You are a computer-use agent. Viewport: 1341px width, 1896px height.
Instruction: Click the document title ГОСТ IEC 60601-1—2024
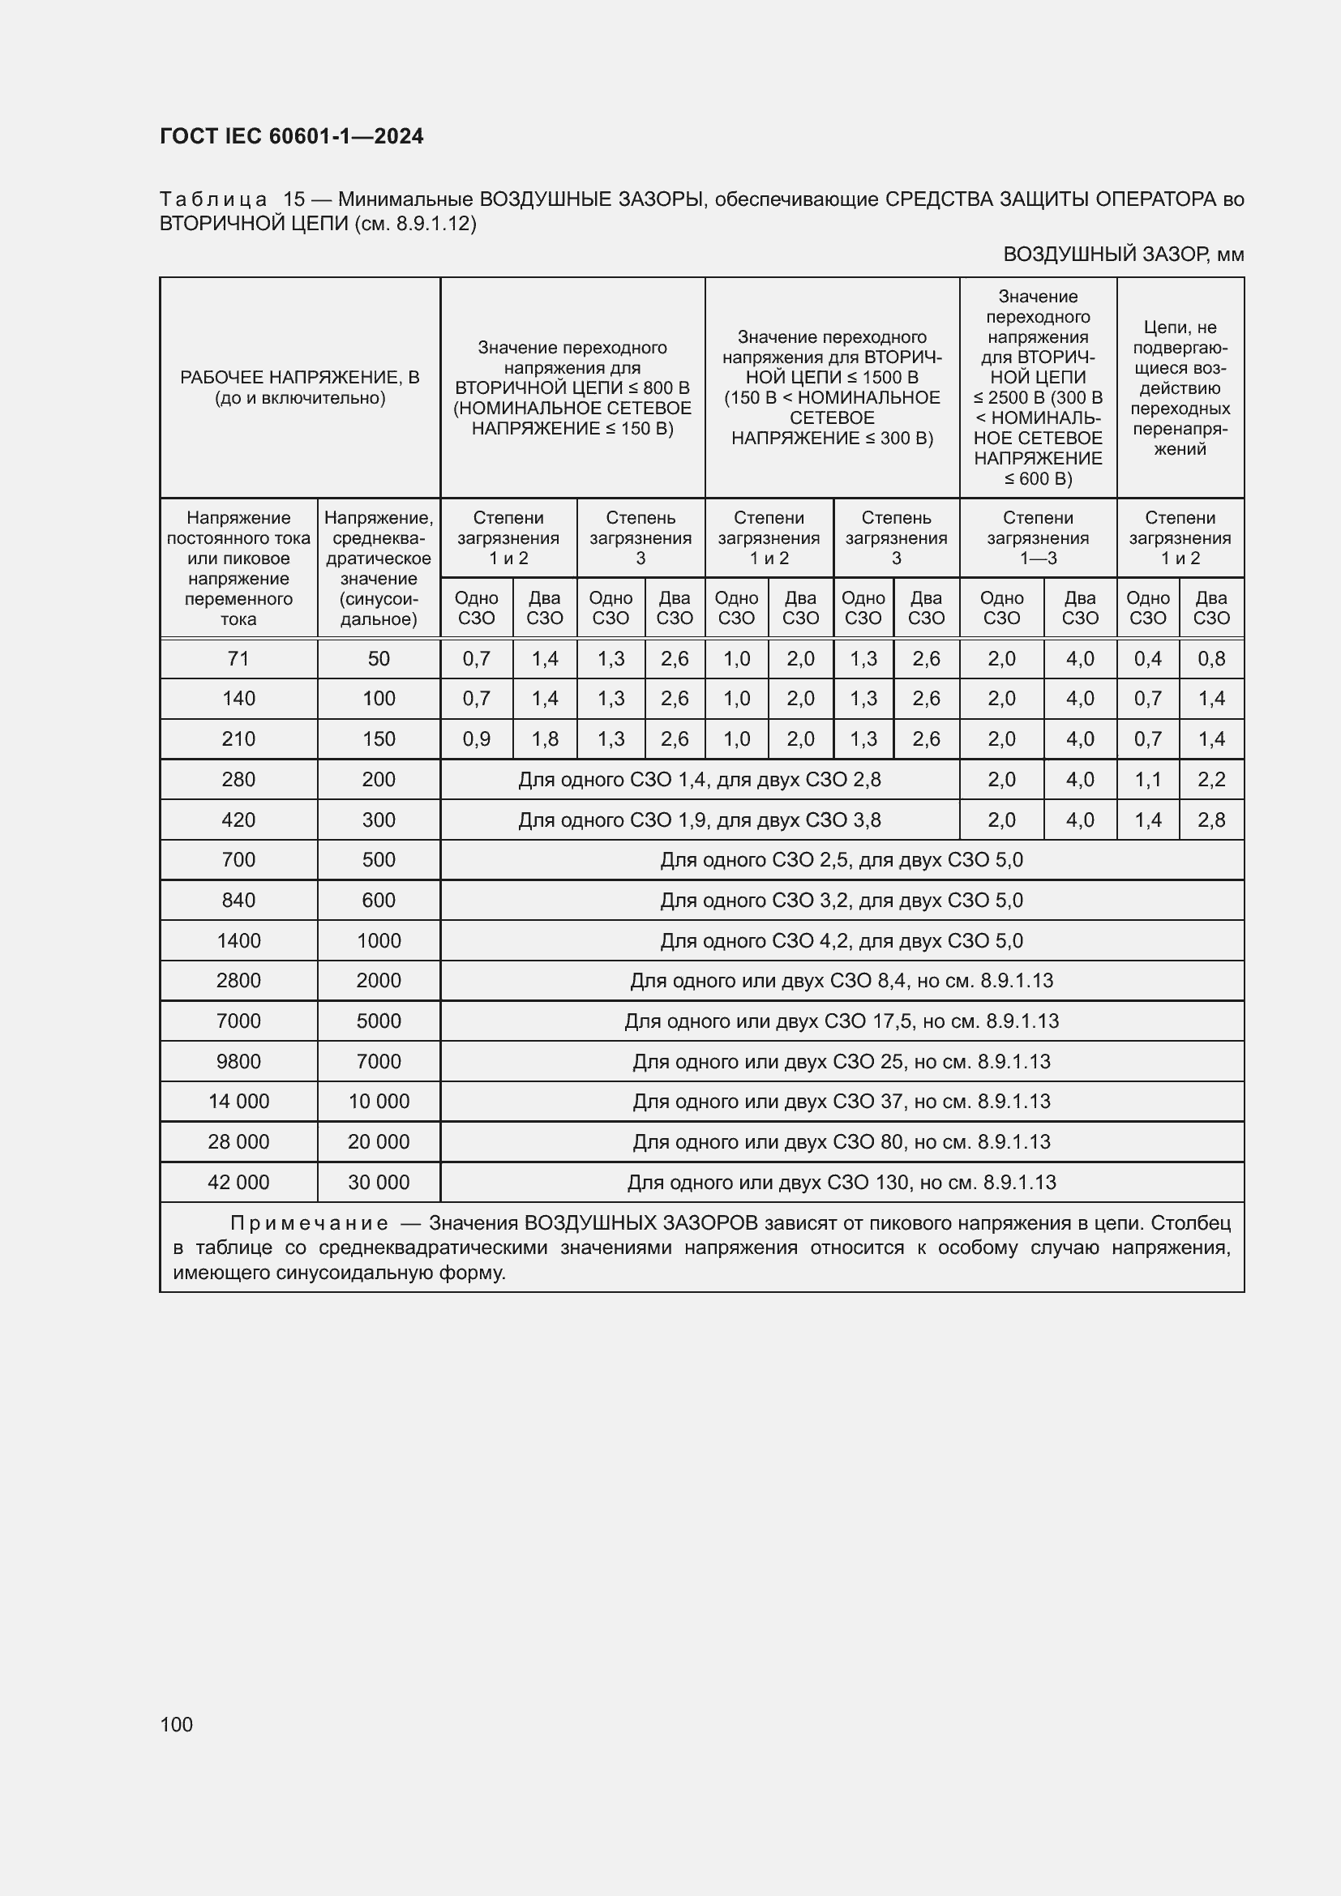tap(292, 136)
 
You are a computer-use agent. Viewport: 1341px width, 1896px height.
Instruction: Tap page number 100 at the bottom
tap(176, 1724)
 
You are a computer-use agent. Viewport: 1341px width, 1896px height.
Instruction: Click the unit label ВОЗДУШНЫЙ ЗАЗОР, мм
tap(1123, 255)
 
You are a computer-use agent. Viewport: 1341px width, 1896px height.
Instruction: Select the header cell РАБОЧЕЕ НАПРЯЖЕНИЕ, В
tap(300, 387)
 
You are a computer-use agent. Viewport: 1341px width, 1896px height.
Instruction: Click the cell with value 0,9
tap(477, 739)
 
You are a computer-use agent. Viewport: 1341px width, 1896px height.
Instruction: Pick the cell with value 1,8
tap(545, 739)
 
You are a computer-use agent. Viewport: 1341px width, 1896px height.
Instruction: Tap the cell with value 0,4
tap(1148, 659)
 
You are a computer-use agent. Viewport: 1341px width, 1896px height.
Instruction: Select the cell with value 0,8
tap(1211, 659)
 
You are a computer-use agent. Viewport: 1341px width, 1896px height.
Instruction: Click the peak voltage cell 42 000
tap(238, 1183)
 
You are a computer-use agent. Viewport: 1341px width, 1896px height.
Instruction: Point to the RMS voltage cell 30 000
tap(378, 1183)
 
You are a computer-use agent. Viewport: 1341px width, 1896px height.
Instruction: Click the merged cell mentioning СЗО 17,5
tap(842, 1021)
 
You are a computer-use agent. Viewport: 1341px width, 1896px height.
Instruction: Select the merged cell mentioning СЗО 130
tap(842, 1183)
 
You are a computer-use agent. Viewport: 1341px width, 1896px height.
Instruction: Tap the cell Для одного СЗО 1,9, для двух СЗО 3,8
tap(700, 820)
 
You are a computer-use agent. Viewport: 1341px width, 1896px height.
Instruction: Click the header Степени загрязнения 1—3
tap(1038, 537)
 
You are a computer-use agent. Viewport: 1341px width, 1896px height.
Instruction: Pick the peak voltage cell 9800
tap(238, 1061)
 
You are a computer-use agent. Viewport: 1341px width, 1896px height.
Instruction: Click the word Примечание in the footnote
tap(309, 1223)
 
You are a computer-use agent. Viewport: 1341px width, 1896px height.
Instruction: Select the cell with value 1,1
tap(1148, 780)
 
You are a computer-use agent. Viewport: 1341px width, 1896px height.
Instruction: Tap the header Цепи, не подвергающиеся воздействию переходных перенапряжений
tap(1180, 388)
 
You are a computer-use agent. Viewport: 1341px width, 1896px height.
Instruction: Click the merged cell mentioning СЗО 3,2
tap(842, 900)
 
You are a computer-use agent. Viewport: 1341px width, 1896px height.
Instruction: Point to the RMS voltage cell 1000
tap(378, 940)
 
